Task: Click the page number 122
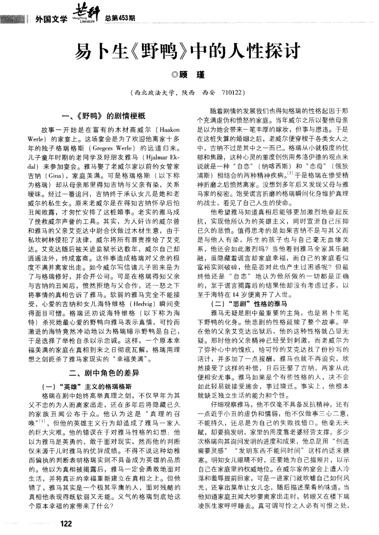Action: (x=66, y=523)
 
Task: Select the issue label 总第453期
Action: (x=120, y=18)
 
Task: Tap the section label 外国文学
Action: (x=51, y=19)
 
